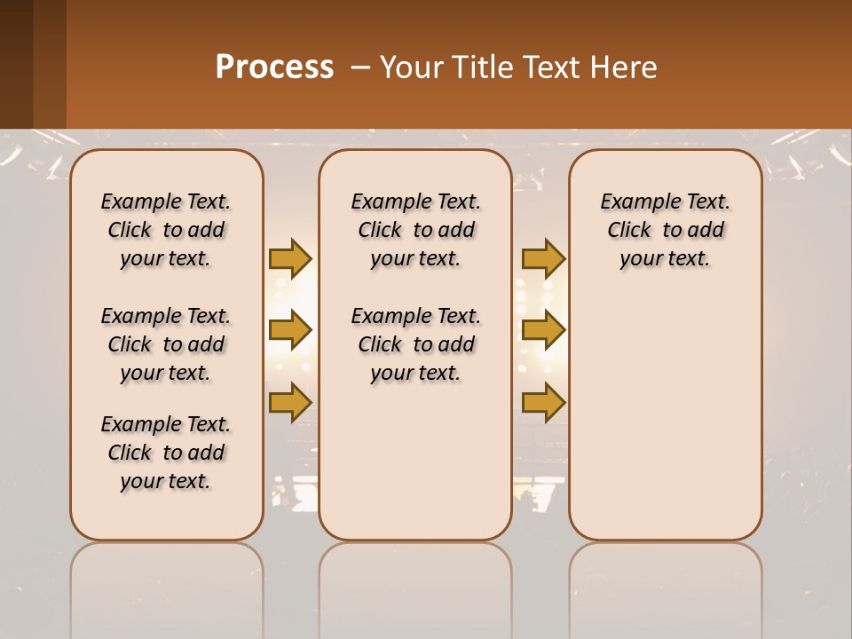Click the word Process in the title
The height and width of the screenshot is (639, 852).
pyautogui.click(x=274, y=67)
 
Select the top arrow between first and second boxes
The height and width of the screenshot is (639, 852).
pyautogui.click(x=290, y=258)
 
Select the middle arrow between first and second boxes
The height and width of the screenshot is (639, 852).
pyautogui.click(x=290, y=330)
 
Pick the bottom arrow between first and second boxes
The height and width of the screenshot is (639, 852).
pyautogui.click(x=290, y=402)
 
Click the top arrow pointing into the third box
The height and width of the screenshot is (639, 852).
pyautogui.click(x=543, y=258)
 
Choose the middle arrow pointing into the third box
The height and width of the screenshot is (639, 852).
pyautogui.click(x=543, y=330)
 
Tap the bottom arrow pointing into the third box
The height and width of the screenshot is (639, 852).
pyautogui.click(x=543, y=402)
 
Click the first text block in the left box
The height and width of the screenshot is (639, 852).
pyautogui.click(x=166, y=230)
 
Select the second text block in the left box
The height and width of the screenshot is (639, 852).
pyautogui.click(x=166, y=344)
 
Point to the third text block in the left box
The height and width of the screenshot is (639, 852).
pyautogui.click(x=166, y=453)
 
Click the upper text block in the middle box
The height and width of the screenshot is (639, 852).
pyautogui.click(x=415, y=230)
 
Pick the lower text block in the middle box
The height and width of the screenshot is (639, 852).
pyautogui.click(x=415, y=344)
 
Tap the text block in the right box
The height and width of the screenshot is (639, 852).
pyautogui.click(x=665, y=230)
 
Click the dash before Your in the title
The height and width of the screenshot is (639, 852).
pyautogui.click(x=360, y=67)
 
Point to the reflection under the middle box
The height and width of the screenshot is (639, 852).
pyautogui.click(x=415, y=586)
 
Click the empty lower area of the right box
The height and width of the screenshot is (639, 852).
pyautogui.click(x=665, y=426)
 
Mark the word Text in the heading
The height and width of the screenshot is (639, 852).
pyautogui.click(x=548, y=67)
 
